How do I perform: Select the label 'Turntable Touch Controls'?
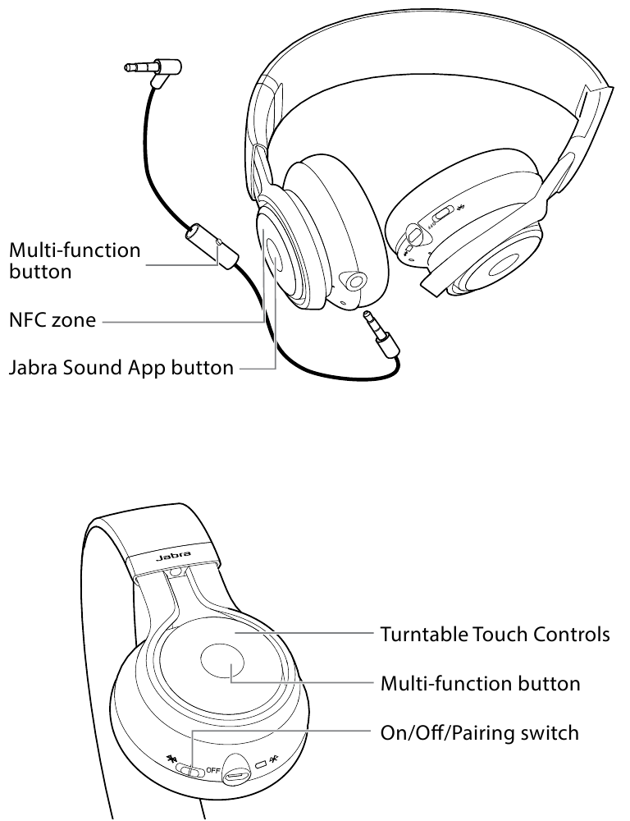(495, 635)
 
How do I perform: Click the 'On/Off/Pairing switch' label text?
(479, 731)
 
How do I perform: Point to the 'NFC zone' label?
(52, 321)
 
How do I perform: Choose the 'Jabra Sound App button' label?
(121, 368)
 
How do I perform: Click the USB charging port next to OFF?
(239, 770)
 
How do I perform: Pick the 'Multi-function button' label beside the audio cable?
(75, 259)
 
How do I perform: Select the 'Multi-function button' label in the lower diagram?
(480, 683)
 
